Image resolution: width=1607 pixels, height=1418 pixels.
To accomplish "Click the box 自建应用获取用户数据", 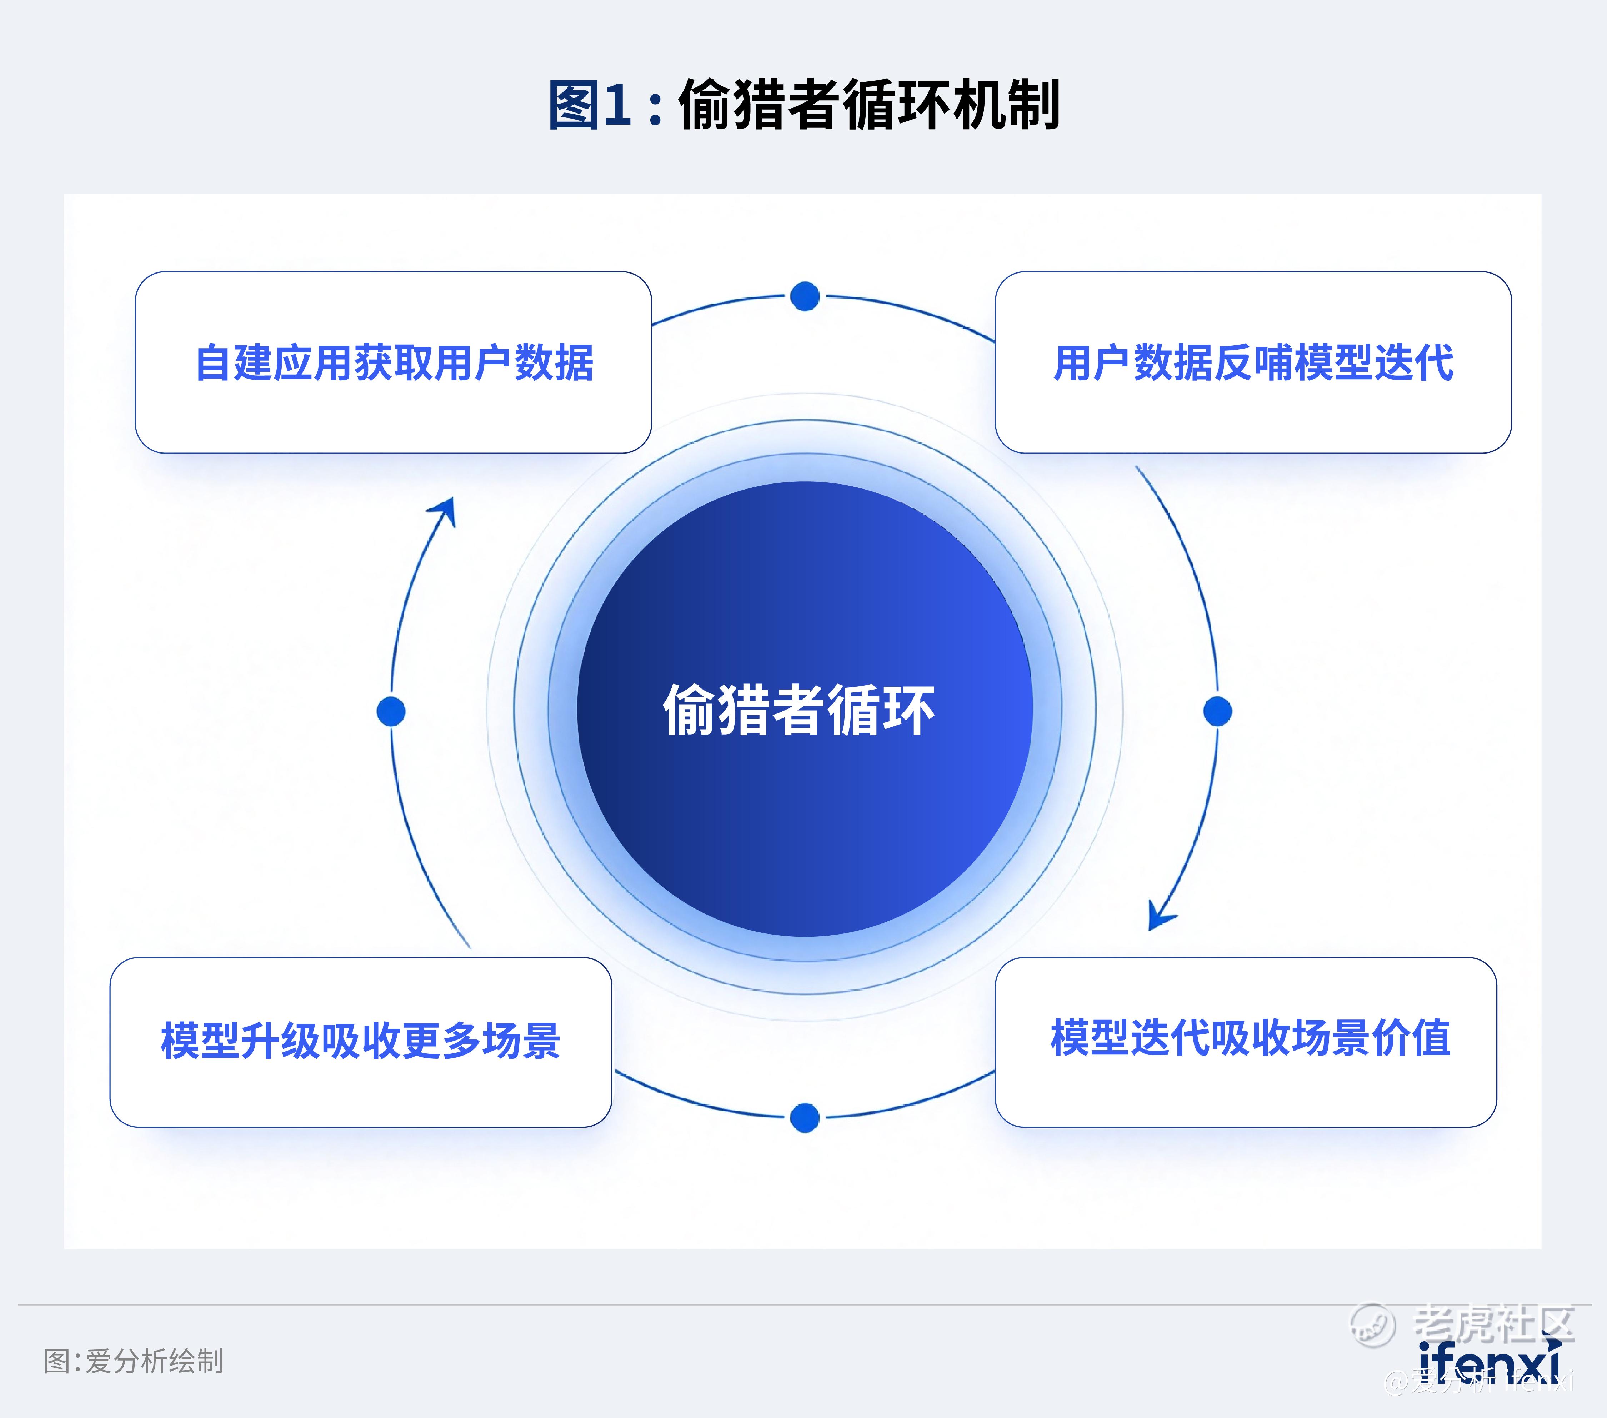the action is tap(393, 362).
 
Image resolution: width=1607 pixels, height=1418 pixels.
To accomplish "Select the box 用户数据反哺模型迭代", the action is tap(1253, 362).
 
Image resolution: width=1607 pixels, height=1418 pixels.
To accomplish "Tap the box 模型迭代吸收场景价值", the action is tap(1246, 1042).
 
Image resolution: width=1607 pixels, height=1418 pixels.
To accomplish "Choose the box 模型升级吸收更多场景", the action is tap(361, 1042).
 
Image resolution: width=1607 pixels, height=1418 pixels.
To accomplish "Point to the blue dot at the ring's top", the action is tap(805, 296).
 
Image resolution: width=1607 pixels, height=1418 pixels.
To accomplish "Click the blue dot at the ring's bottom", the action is tap(805, 1118).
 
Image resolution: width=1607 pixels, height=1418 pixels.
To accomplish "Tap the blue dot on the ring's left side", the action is tap(391, 711).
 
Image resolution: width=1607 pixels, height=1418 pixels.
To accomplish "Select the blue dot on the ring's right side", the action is tap(1218, 711).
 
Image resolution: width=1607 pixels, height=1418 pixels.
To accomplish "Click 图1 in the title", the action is tap(590, 105).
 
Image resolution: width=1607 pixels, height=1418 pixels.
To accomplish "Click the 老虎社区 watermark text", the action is tap(1494, 1323).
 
